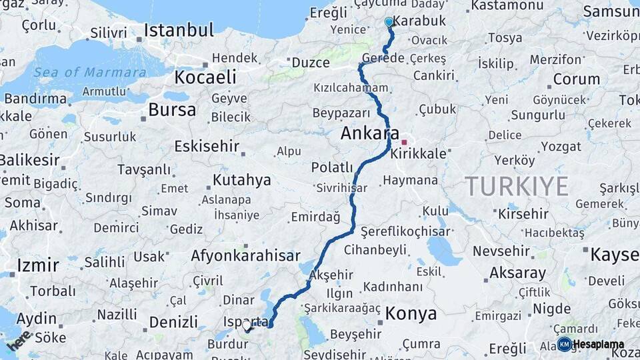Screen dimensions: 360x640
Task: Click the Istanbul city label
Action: pyautogui.click(x=179, y=30)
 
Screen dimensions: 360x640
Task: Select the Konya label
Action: pyautogui.click(x=411, y=314)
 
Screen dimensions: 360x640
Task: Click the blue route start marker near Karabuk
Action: pyautogui.click(x=389, y=22)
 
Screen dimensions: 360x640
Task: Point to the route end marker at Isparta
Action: pyautogui.click(x=247, y=327)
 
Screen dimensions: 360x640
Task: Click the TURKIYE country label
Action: pyautogui.click(x=516, y=185)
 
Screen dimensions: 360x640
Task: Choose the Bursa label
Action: pyautogui.click(x=172, y=110)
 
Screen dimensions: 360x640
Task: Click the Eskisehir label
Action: pyautogui.click(x=206, y=146)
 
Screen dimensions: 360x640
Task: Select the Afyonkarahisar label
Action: pyautogui.click(x=245, y=256)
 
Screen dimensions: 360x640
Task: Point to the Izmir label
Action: pyautogui.click(x=38, y=265)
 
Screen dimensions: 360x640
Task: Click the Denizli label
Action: pyautogui.click(x=173, y=323)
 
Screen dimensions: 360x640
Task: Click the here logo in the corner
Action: pyautogui.click(x=19, y=340)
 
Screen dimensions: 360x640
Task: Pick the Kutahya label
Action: pyautogui.click(x=241, y=180)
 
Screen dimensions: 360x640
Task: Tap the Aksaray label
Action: pyautogui.click(x=517, y=273)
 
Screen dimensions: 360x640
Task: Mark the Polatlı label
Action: pyautogui.click(x=331, y=167)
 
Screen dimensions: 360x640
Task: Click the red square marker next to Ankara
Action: pyautogui.click(x=404, y=142)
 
